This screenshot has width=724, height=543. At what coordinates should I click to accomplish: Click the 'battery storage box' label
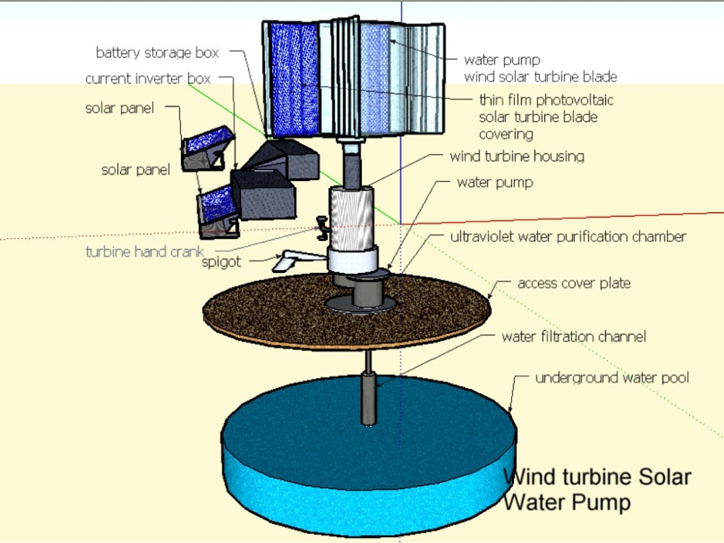157,53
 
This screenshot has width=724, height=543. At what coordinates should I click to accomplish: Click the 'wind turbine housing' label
516,156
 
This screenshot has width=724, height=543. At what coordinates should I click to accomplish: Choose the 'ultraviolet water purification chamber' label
568,237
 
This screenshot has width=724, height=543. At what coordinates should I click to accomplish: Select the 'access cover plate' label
573,283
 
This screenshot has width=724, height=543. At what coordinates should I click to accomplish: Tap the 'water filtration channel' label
573,337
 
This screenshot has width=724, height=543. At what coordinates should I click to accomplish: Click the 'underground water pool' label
612,378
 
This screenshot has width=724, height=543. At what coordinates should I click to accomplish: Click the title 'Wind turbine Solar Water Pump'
597,489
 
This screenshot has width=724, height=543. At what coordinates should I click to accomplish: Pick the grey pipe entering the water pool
369,398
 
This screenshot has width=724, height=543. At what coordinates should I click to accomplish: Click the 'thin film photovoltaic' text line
546,100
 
